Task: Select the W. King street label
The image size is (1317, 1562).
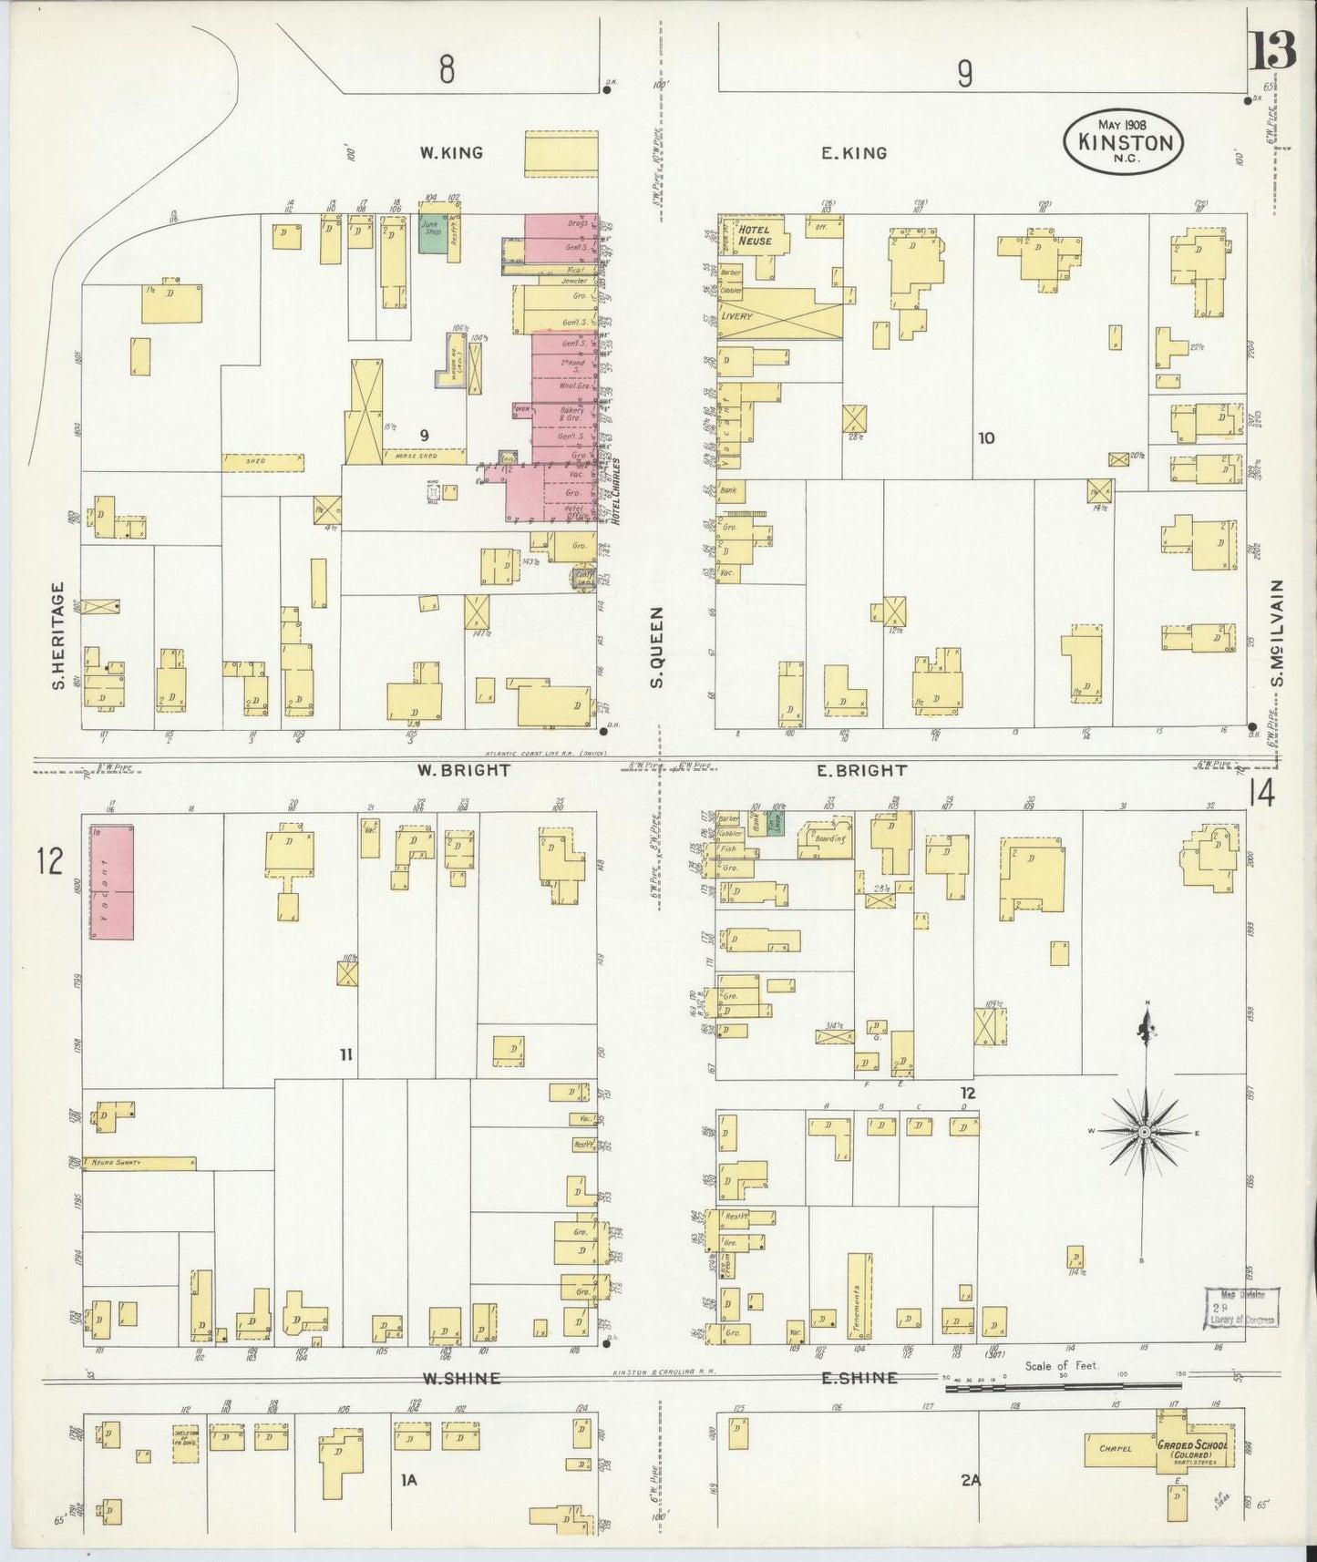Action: point(451,153)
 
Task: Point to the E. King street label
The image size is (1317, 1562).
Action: point(853,153)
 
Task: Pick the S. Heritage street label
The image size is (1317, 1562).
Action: point(58,634)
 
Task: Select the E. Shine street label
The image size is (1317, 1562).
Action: point(859,1378)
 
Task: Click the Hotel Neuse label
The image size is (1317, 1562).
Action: point(755,235)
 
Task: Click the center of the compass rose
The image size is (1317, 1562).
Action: point(1142,1131)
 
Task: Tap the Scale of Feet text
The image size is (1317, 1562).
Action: point(1062,1365)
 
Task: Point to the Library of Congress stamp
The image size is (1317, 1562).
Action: point(1244,1307)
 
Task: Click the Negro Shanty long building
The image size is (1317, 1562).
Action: point(139,1163)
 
